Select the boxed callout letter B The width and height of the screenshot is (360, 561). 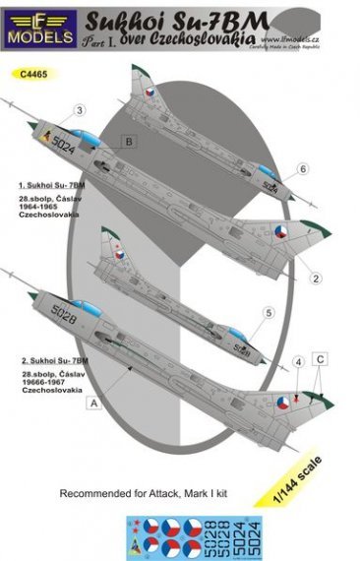(128, 142)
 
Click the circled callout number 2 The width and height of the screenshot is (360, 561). (317, 279)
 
